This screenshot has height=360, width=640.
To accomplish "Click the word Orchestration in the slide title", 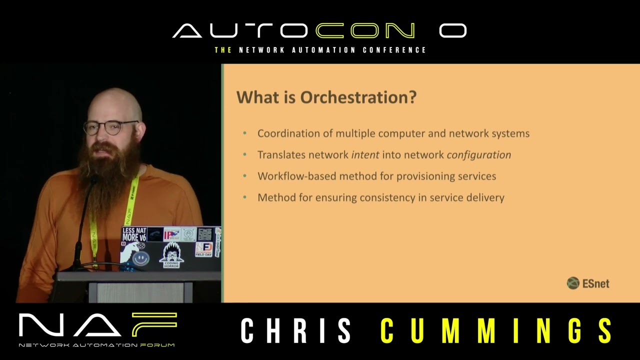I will [358, 97].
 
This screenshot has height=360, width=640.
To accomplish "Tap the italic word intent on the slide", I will [365, 155].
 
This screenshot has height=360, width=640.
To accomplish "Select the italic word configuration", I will [478, 155].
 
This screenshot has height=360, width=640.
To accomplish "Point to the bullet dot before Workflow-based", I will [244, 176].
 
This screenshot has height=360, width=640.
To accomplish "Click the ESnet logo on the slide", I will [588, 283].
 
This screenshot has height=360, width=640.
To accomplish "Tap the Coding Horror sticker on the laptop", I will [171, 255].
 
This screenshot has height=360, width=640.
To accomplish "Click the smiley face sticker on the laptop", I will [141, 258].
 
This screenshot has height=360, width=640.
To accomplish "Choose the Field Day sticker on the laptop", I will [203, 249].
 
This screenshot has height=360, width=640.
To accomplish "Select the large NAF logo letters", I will [97, 325].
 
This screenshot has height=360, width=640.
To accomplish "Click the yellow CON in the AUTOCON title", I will [365, 31].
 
